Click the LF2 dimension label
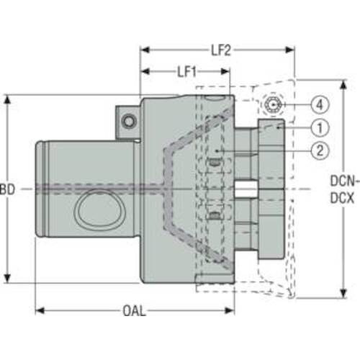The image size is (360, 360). pos(221,50)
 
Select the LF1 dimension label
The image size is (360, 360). pos(186,72)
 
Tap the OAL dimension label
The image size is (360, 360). pos(134,311)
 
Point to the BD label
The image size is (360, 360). pos(7,189)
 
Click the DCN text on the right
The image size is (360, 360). pos(345,181)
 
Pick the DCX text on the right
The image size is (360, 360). pos(342,198)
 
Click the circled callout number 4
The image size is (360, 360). pos(320,105)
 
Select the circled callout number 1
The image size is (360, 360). pos(320,128)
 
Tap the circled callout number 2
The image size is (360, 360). pos(320,150)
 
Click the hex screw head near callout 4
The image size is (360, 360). pos(273,105)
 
